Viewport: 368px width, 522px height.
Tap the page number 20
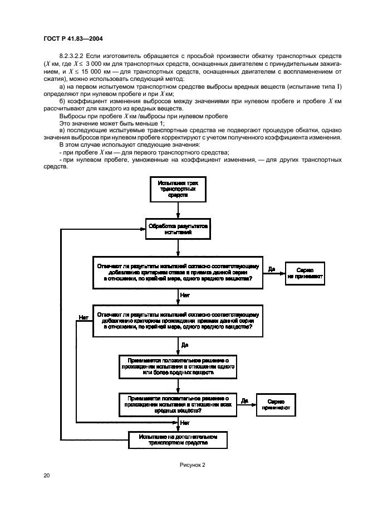46,475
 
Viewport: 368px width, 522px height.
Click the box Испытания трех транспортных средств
177,189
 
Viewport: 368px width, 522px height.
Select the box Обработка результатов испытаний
177,230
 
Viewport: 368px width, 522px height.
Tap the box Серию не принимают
306,273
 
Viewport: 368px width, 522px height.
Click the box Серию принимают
276,405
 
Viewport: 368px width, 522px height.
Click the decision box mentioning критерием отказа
177,273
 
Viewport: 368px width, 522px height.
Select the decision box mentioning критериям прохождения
177,322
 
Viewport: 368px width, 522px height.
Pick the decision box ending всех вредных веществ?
178,404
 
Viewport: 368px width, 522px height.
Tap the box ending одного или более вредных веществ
178,366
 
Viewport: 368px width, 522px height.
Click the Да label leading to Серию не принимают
272,268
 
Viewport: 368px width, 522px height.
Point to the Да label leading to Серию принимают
244,400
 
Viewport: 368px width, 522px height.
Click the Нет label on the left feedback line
84,317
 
